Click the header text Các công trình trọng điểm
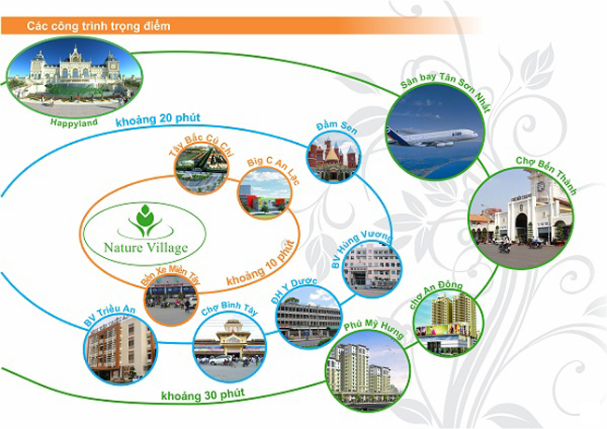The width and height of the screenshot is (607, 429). tap(98, 26)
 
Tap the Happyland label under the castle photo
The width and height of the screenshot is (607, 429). tap(74, 122)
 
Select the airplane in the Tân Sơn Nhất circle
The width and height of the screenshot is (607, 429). tap(432, 137)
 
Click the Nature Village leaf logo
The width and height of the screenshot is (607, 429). tap(145, 222)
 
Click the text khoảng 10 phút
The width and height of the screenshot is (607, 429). tap(261, 264)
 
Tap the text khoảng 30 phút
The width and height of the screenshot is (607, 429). tap(203, 395)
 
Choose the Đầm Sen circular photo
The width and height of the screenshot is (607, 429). tap(333, 157)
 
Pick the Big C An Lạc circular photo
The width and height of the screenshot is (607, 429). tap(264, 193)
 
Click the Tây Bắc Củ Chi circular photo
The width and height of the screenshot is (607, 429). tap(202, 168)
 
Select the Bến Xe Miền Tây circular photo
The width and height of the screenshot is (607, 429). tap(171, 299)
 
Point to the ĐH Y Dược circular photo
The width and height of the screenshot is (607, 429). tap(308, 317)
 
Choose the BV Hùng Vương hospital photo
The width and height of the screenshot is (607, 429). tap(372, 268)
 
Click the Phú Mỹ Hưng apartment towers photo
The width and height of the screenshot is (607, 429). tap(368, 370)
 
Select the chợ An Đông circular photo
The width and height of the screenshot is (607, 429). tap(448, 322)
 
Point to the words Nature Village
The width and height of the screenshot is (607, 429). tap(146, 248)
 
